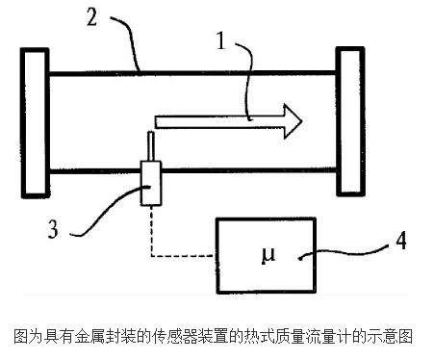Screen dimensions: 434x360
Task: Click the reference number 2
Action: [x=91, y=17]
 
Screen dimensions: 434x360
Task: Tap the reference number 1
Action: [x=221, y=40]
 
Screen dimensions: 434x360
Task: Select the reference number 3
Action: [x=53, y=228]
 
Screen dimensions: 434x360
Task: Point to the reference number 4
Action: [x=401, y=241]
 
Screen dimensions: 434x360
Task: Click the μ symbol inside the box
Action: [x=268, y=255]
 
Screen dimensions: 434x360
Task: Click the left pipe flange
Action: [x=35, y=123]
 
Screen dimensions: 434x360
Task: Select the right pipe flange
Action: [x=350, y=121]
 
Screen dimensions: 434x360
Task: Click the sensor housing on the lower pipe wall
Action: [x=151, y=183]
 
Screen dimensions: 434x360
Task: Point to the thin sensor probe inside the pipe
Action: [x=151, y=145]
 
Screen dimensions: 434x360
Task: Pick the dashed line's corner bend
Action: [x=151, y=256]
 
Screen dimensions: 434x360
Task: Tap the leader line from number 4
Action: [x=344, y=252]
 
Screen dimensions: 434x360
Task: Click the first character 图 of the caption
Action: [x=21, y=336]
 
